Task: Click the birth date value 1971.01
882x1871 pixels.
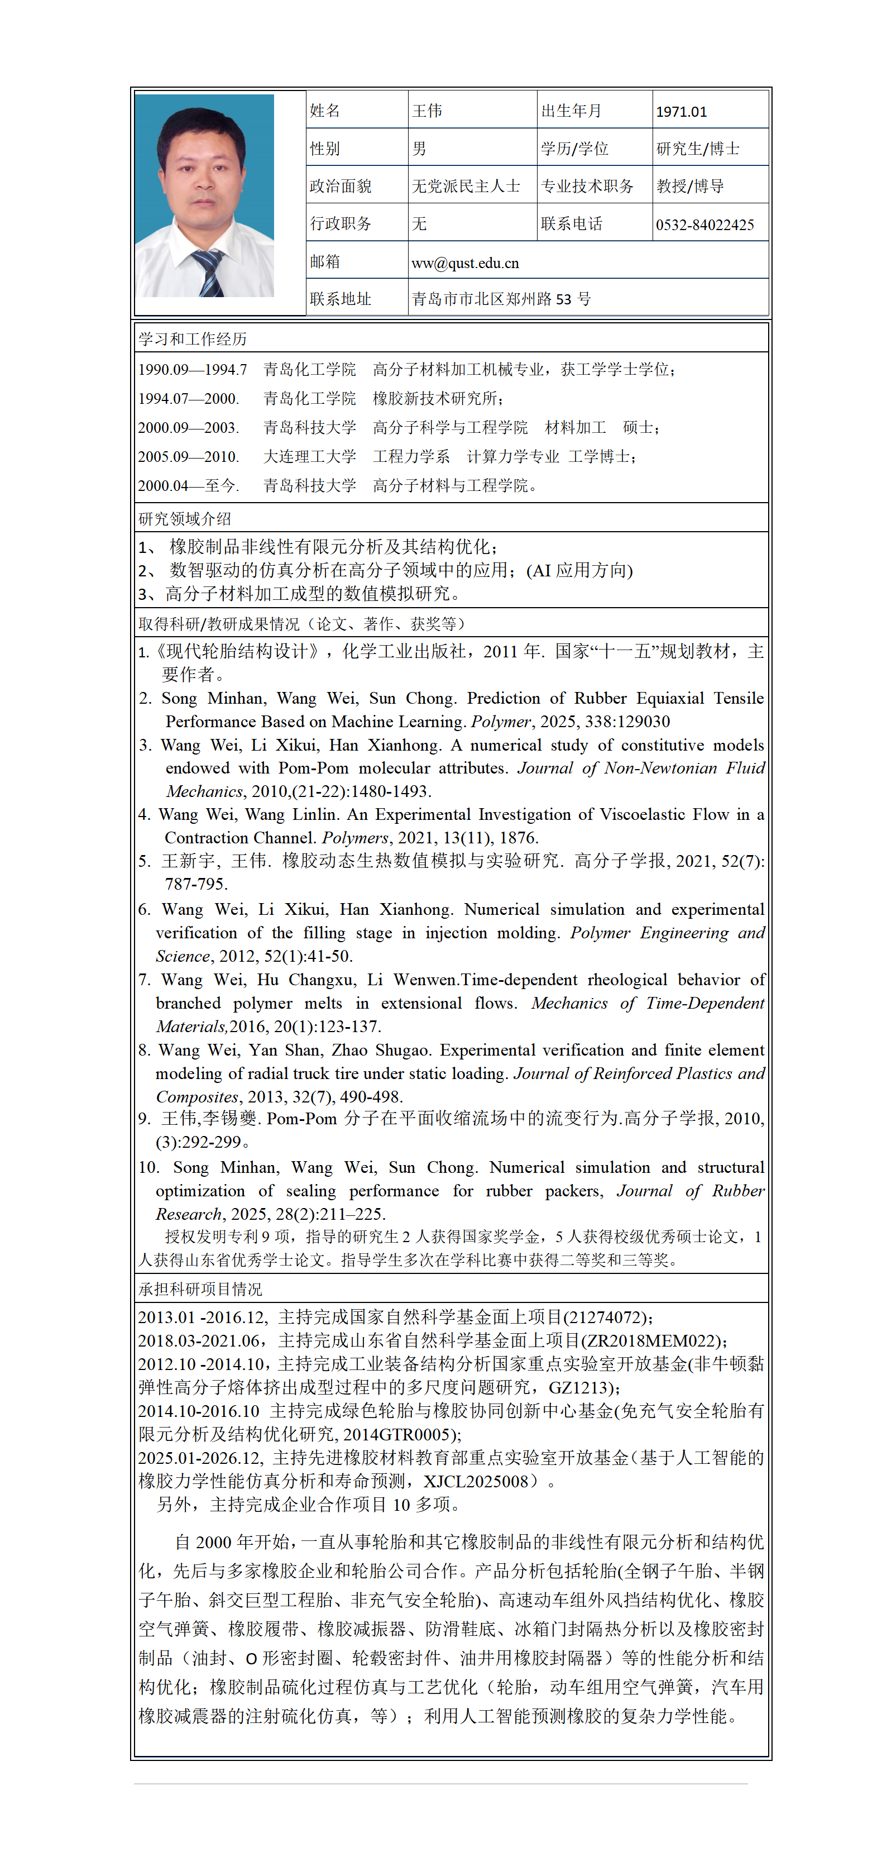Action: coord(681,112)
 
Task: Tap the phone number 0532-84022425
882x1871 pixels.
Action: coord(704,225)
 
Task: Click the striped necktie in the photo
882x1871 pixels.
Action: coord(208,273)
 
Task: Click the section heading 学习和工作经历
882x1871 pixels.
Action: coord(193,339)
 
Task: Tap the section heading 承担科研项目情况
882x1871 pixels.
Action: coord(200,1289)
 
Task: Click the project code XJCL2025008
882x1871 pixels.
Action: coord(476,1481)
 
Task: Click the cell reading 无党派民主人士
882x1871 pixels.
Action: coord(466,187)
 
